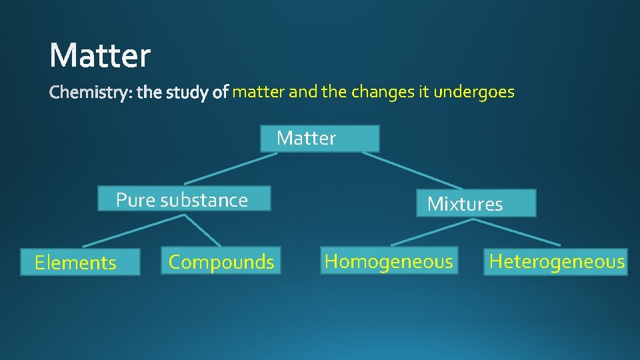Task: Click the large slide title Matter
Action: [100, 55]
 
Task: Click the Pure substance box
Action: [184, 199]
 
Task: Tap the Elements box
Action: [80, 263]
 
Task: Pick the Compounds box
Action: [221, 261]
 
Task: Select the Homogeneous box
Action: [388, 261]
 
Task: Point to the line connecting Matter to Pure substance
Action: [231, 169]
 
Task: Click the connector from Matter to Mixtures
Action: [412, 171]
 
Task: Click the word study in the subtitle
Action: [189, 93]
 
